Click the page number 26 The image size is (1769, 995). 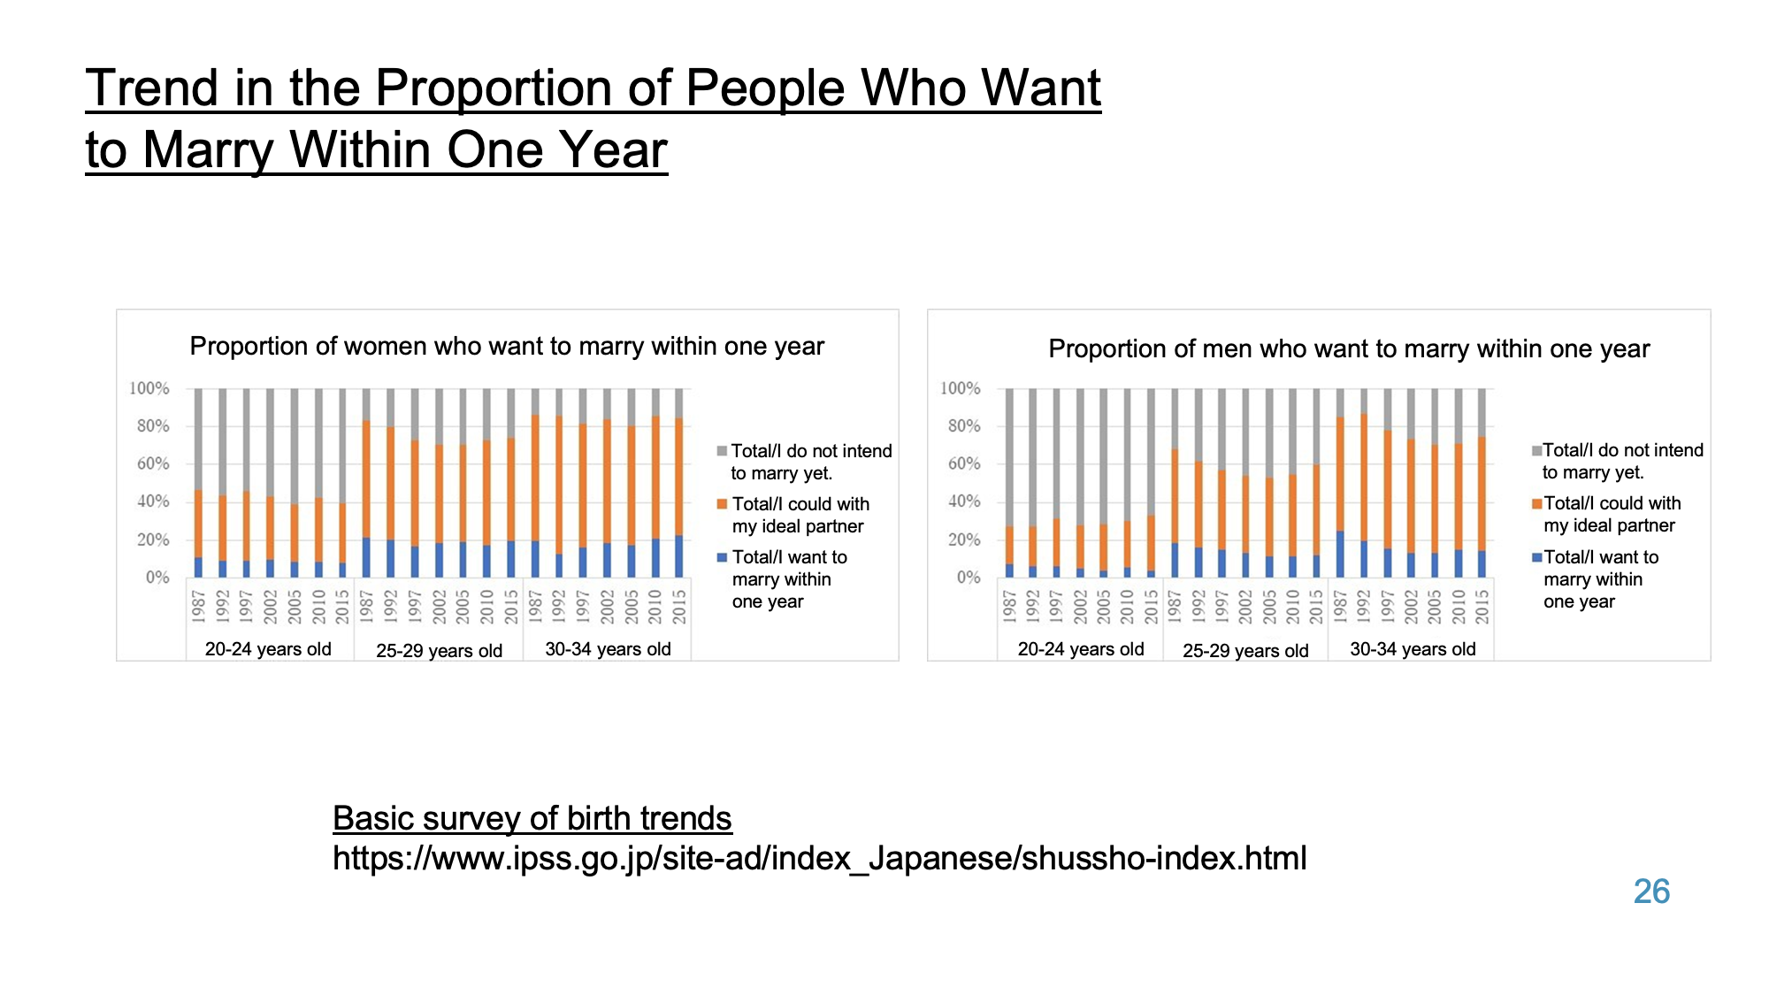1650,892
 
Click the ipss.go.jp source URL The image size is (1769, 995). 819,858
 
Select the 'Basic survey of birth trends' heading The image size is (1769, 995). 532,818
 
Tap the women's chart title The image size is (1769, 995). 507,346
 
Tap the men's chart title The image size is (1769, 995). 1349,348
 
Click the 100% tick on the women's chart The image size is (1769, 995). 149,388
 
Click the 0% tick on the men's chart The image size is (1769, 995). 968,578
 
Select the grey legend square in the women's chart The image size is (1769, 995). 722,451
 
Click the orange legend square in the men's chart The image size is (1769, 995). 1537,503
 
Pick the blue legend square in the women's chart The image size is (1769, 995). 722,557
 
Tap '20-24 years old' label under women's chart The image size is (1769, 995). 268,649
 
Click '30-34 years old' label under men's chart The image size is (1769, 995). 1413,649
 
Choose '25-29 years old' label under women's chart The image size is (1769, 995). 439,651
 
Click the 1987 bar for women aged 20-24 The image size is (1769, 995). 198,483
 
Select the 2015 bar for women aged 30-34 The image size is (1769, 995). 679,483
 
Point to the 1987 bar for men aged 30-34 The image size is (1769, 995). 1340,483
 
